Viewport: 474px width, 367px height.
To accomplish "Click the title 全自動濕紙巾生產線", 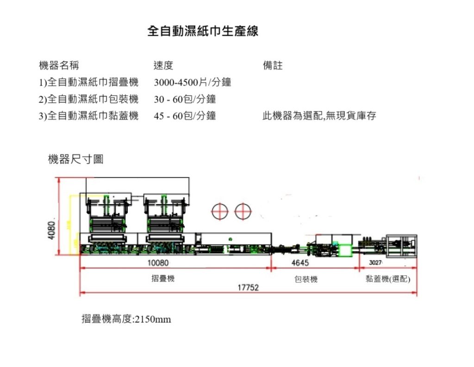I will (x=202, y=31).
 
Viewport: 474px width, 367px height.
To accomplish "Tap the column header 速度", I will (x=163, y=66).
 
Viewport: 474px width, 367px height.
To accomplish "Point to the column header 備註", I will (x=273, y=66).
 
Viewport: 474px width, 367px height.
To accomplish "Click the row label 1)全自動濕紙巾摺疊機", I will (x=88, y=83).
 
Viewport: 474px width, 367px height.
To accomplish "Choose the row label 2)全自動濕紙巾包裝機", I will (x=88, y=99).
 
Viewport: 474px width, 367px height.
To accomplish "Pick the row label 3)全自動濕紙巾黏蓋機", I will (x=88, y=116).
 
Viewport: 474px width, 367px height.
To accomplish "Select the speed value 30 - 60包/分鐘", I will (x=185, y=99).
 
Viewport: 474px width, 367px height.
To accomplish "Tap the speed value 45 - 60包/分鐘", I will (x=185, y=116).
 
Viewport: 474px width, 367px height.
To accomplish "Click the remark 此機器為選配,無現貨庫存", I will (x=319, y=116).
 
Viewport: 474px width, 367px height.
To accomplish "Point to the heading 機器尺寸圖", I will (x=75, y=160).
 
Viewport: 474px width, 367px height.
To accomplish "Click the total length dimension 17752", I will (x=248, y=288).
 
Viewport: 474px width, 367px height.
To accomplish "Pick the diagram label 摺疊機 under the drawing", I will (x=163, y=279).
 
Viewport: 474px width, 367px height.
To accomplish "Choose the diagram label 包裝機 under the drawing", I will (x=306, y=280).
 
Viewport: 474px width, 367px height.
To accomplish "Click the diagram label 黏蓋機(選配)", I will (x=388, y=279).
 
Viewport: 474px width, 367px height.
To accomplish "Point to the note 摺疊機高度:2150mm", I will (x=126, y=319).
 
